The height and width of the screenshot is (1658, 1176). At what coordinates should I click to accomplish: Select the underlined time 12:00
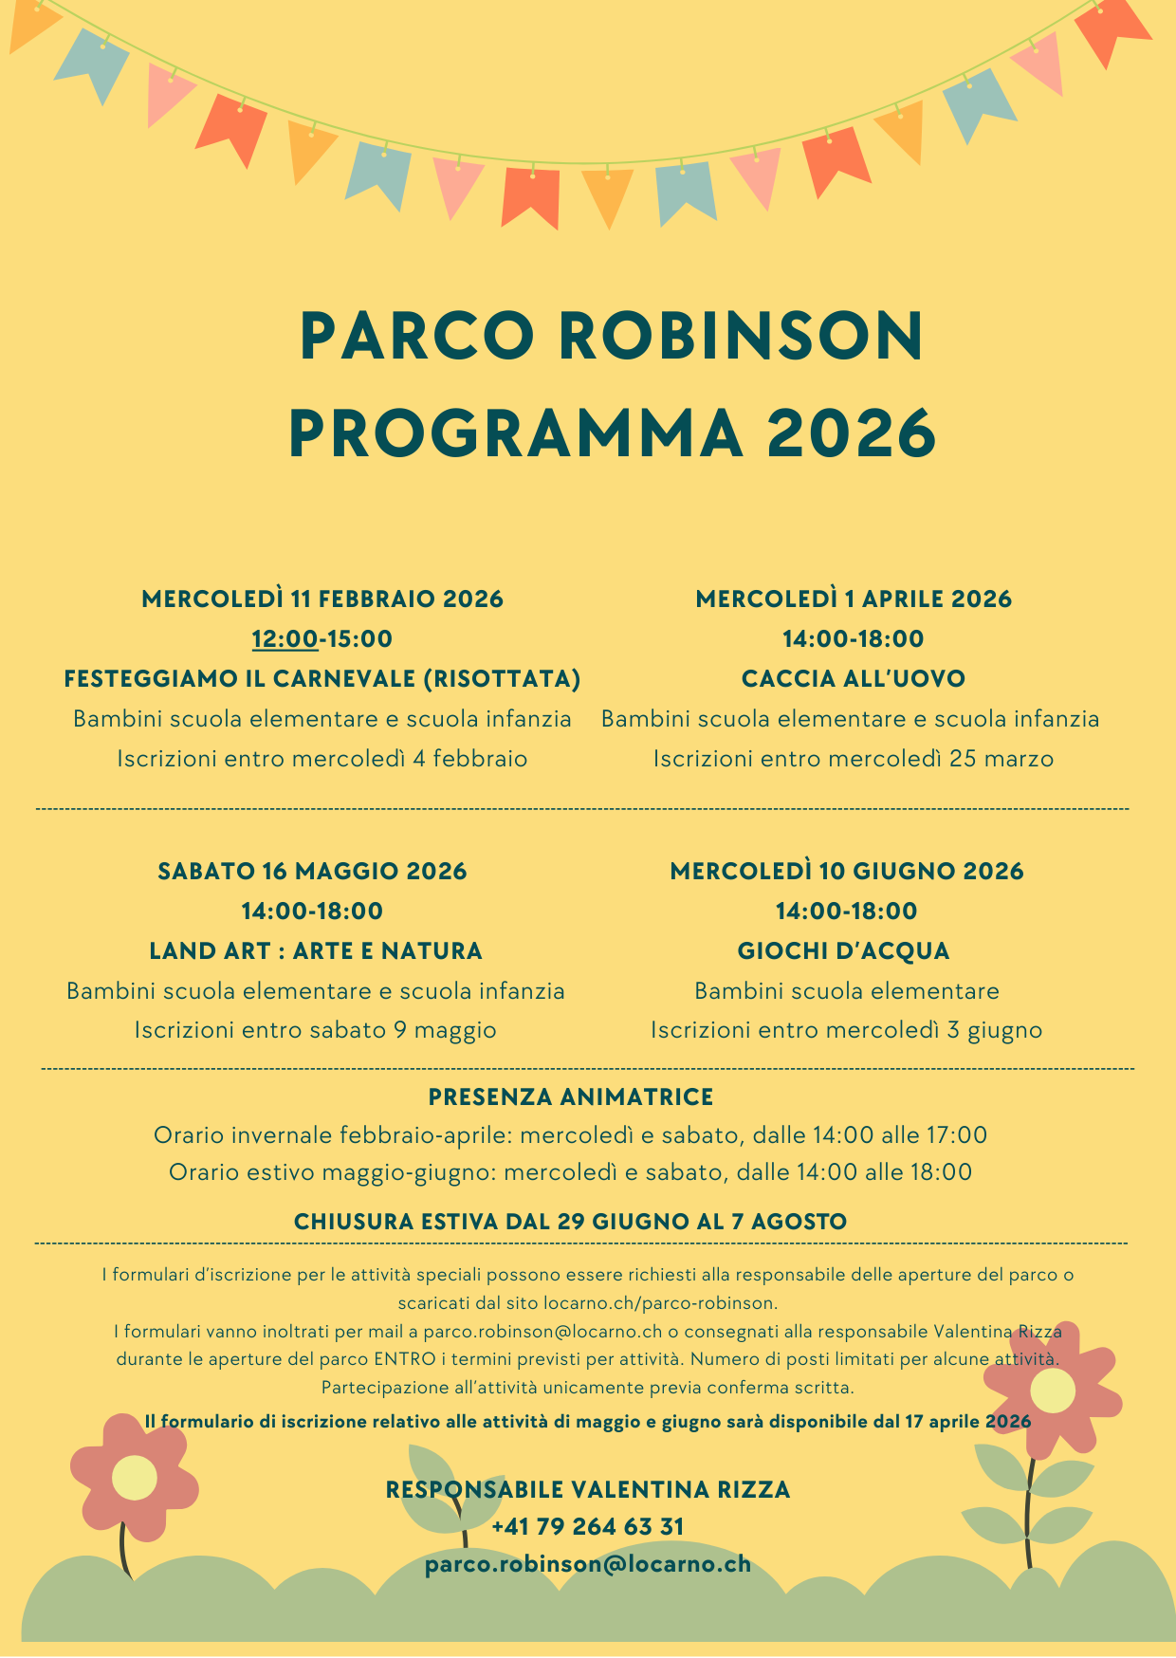pyautogui.click(x=285, y=638)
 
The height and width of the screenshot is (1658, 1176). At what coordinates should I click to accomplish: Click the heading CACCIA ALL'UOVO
pyautogui.click(x=854, y=678)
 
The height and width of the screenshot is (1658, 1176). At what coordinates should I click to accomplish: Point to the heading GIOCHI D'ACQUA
pyautogui.click(x=844, y=950)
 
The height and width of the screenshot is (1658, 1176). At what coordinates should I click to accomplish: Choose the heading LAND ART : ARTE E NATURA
pyautogui.click(x=316, y=950)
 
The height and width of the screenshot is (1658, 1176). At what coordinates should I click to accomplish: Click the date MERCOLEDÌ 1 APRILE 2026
pyautogui.click(x=854, y=599)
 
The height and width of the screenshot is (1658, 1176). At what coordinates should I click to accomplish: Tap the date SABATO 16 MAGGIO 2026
pyautogui.click(x=312, y=871)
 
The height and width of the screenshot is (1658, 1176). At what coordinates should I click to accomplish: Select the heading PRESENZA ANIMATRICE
pyautogui.click(x=571, y=1096)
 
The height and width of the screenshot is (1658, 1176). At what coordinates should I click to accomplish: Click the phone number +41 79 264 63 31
pyautogui.click(x=588, y=1526)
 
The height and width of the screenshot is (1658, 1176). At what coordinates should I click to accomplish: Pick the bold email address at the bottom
pyautogui.click(x=588, y=1563)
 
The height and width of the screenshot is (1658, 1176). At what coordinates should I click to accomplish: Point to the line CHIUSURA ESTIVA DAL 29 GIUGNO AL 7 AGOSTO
pyautogui.click(x=570, y=1221)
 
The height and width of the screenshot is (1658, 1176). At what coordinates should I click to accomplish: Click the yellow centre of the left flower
pyautogui.click(x=134, y=1477)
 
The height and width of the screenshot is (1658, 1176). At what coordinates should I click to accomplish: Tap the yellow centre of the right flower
pyautogui.click(x=1053, y=1391)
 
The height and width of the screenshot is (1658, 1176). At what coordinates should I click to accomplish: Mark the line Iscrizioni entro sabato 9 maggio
pyautogui.click(x=315, y=1030)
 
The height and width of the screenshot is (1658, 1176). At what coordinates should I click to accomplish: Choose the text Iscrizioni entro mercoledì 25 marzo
pyautogui.click(x=854, y=759)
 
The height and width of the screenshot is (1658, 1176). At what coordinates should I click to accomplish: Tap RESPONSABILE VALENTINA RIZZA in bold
pyautogui.click(x=588, y=1489)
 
